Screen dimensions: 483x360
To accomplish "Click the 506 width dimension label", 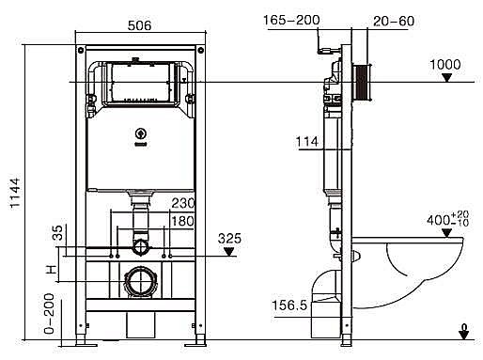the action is [x=139, y=25].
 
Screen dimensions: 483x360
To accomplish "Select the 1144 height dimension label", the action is [x=15, y=193].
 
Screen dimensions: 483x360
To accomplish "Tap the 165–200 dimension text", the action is [x=291, y=20].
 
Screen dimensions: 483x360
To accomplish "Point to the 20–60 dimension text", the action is [x=394, y=21].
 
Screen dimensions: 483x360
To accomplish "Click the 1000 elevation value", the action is [x=445, y=65].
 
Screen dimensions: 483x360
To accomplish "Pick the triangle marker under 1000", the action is [x=447, y=78].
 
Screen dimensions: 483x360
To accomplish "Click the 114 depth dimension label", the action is [x=307, y=142].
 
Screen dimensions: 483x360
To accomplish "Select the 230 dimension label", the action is [x=183, y=203].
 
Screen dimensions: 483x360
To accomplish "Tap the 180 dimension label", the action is [x=183, y=221].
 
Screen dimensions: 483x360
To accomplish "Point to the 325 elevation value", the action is [x=229, y=239].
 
